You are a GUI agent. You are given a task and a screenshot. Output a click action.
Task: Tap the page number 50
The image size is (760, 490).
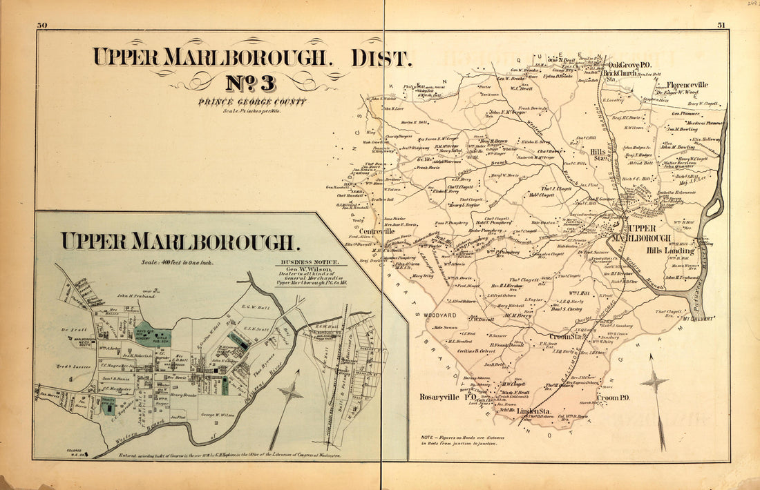pyautogui.click(x=42, y=26)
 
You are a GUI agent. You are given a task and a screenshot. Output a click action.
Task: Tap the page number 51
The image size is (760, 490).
pyautogui.click(x=721, y=26)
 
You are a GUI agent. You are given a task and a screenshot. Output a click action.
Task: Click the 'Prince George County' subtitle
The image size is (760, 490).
pyautogui.click(x=251, y=103)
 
